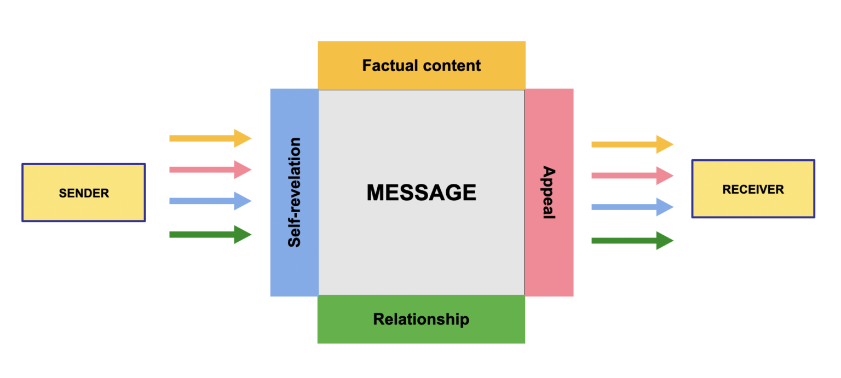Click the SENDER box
click(x=84, y=193)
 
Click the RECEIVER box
click(x=753, y=189)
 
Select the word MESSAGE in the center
click(x=421, y=193)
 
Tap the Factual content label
click(x=421, y=66)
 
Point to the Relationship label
click(x=421, y=319)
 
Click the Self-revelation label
click(x=295, y=193)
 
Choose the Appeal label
click(x=549, y=193)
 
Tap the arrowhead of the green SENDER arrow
click(x=243, y=235)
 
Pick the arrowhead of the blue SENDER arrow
click(x=243, y=201)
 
